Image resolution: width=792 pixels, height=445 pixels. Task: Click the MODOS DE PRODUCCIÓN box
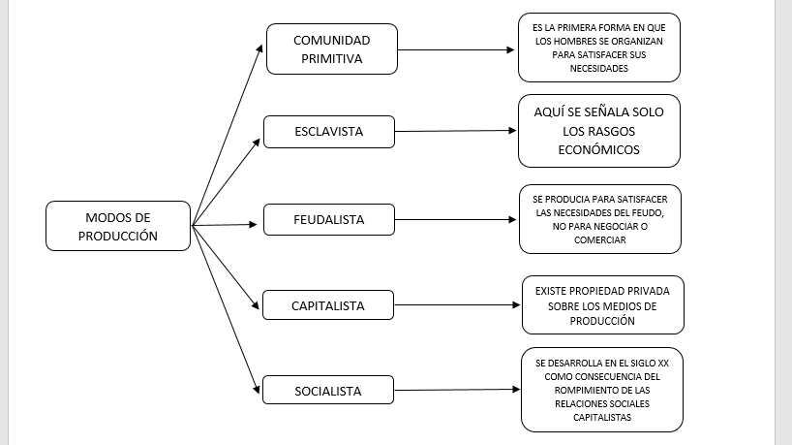pyautogui.click(x=118, y=226)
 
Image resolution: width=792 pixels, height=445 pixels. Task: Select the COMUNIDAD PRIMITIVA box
pyautogui.click(x=332, y=48)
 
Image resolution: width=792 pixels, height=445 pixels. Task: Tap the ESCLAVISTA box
pyautogui.click(x=328, y=131)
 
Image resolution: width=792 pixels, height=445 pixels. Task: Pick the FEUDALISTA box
pyautogui.click(x=328, y=220)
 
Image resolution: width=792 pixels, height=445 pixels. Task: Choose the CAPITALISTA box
pyautogui.click(x=328, y=305)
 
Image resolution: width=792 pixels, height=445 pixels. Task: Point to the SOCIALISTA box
pyautogui.click(x=328, y=392)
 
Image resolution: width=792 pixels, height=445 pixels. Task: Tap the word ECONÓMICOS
pyautogui.click(x=600, y=150)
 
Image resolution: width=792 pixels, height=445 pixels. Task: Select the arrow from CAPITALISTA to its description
pyautogui.click(x=457, y=305)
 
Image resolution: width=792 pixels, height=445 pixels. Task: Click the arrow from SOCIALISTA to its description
pyautogui.click(x=457, y=391)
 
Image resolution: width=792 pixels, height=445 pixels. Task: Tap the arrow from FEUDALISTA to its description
pyautogui.click(x=456, y=220)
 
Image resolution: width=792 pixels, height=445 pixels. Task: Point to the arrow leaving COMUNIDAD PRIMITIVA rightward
pyautogui.click(x=456, y=48)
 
